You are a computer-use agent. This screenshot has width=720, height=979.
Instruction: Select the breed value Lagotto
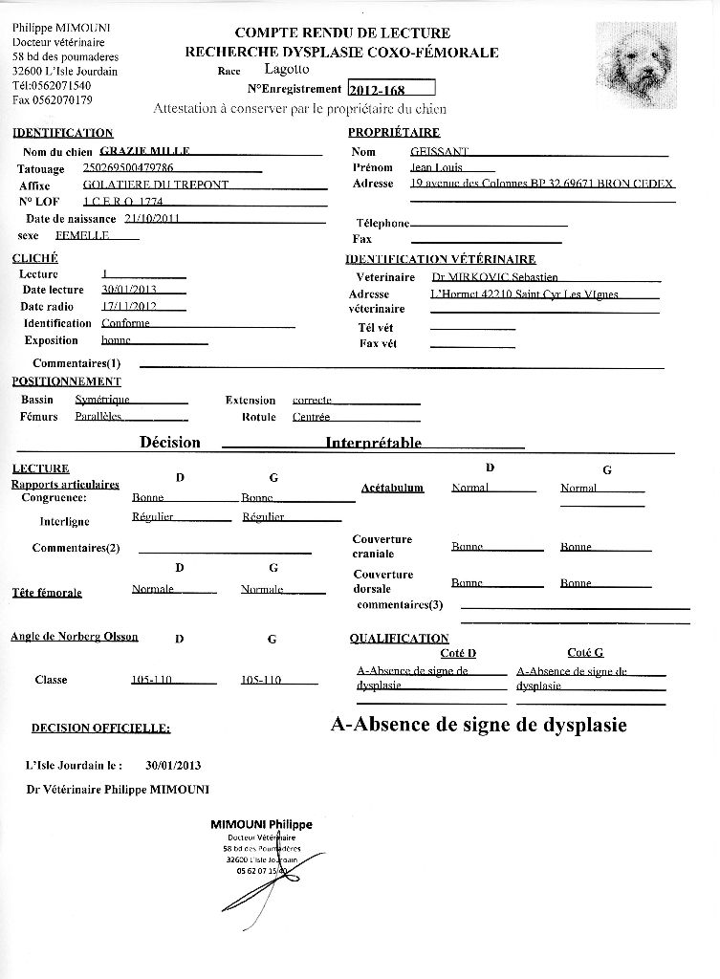287,70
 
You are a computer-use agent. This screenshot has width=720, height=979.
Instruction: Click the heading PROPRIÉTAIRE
394,133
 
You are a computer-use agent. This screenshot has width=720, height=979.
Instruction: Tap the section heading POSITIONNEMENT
66,381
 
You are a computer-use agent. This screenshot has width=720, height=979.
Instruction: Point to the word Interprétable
373,444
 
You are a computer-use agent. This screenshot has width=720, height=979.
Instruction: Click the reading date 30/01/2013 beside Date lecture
129,290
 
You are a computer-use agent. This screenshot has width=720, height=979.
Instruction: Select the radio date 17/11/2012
129,307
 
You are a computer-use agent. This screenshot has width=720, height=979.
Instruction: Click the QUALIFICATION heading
399,638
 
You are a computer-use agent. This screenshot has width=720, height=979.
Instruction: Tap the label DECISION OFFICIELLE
100,729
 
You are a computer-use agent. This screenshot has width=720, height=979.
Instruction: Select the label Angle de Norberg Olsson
74,637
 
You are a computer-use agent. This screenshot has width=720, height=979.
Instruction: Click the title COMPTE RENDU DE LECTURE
341,33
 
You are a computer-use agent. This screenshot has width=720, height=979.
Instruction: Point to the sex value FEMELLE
82,234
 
